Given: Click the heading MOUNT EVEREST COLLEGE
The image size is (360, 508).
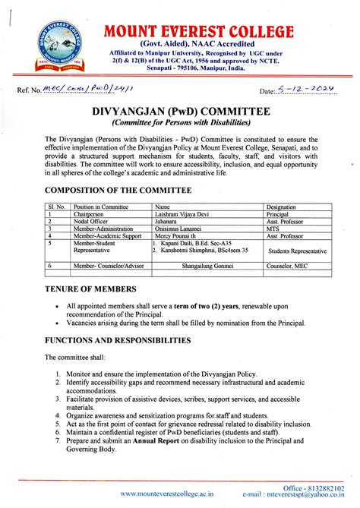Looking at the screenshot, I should pos(199,31).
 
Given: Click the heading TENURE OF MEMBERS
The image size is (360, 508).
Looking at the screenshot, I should pos(90,289).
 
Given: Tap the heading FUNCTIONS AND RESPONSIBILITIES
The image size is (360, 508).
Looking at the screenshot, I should pos(127,341).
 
